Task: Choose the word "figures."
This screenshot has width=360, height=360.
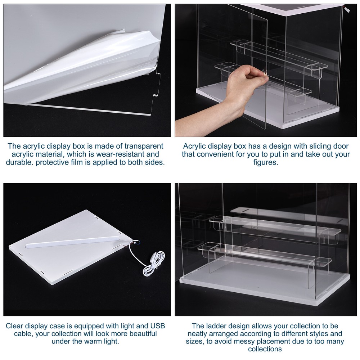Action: point(265,162)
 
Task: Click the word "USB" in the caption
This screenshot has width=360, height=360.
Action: point(157,326)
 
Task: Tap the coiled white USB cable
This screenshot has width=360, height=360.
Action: point(153,265)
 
